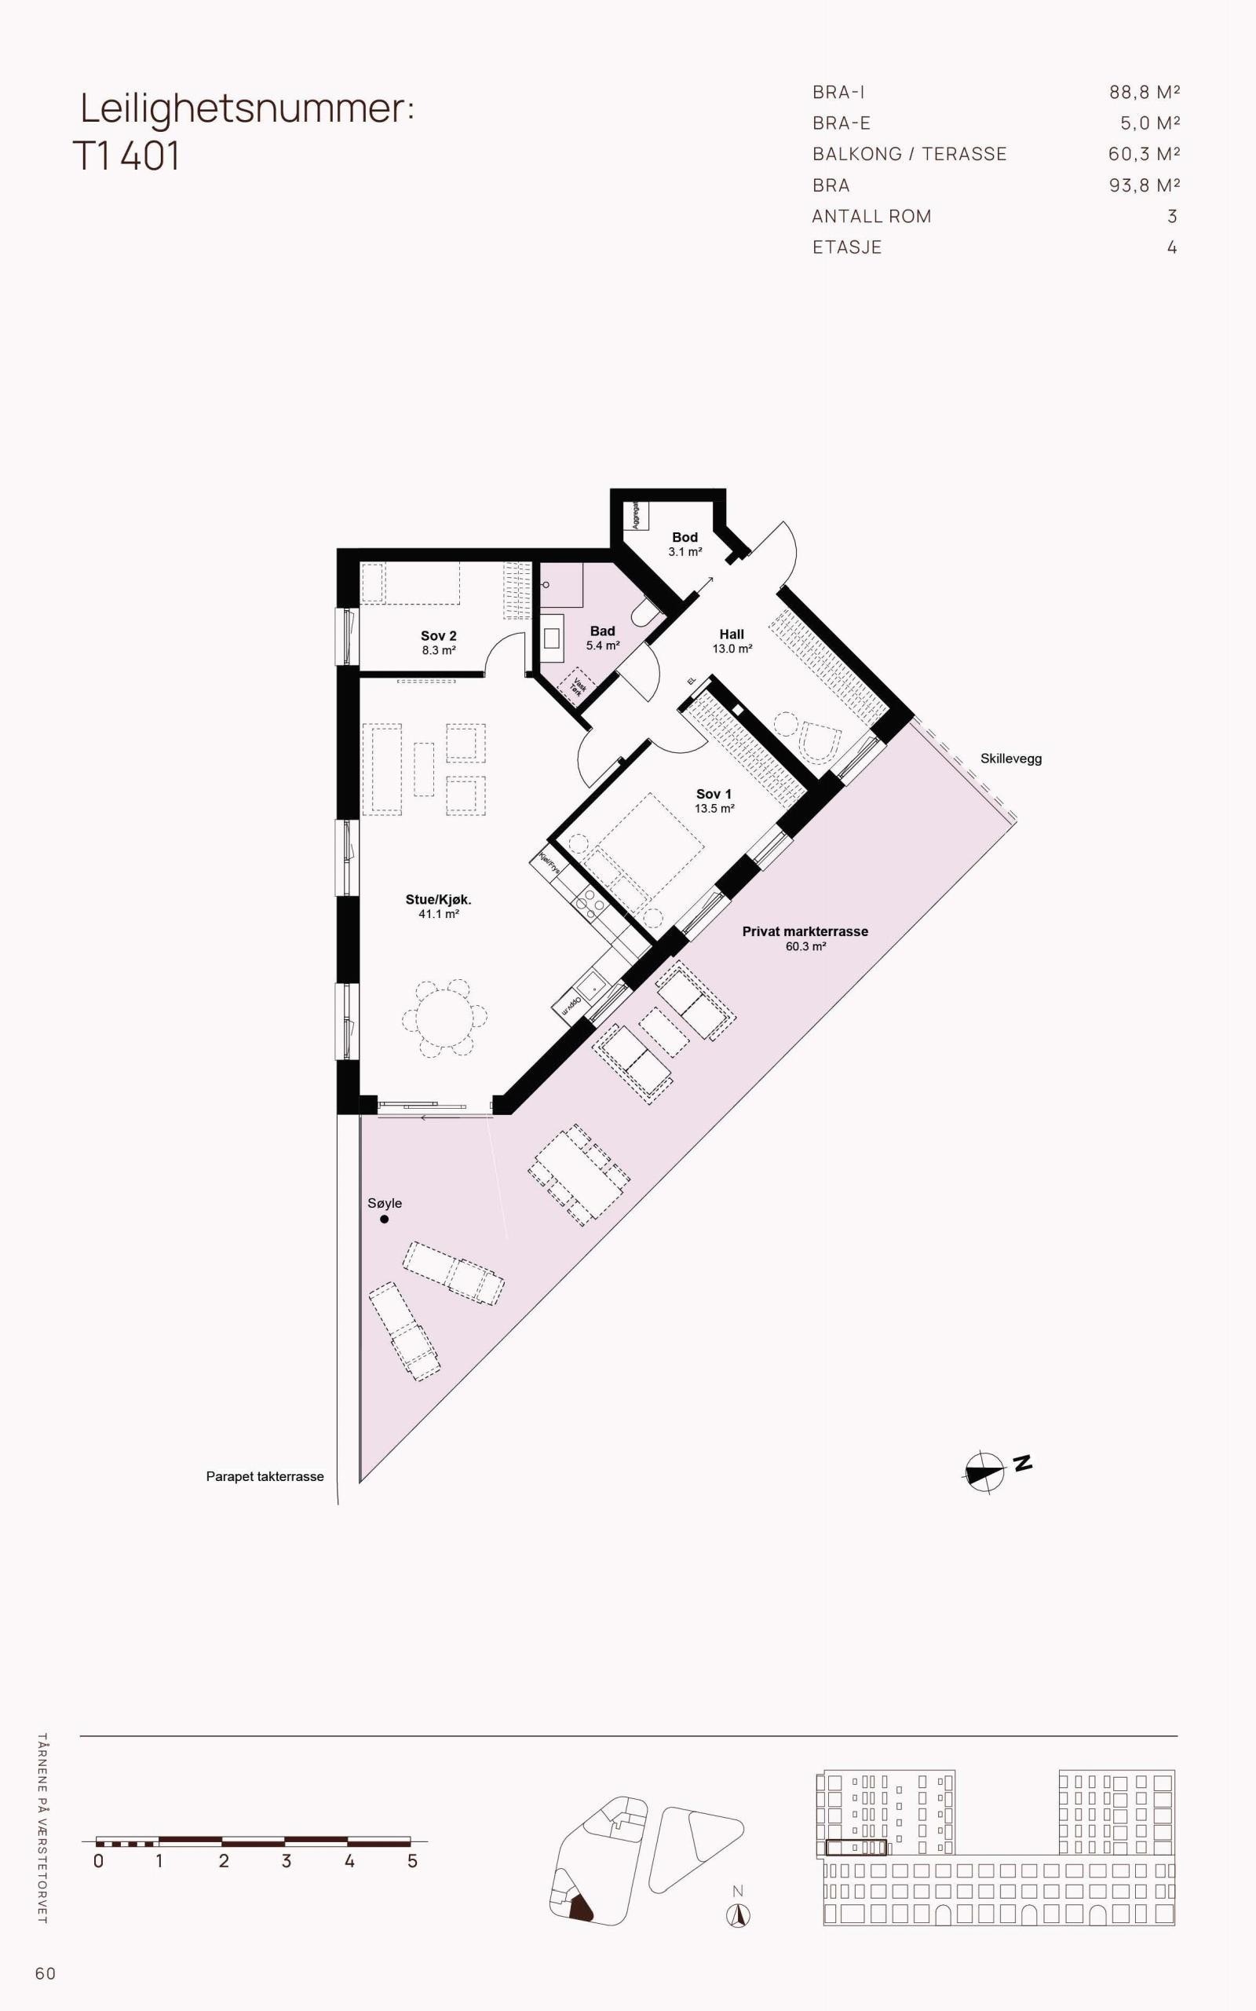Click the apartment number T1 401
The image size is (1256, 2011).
[x=126, y=156]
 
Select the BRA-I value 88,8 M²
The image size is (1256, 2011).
[x=1144, y=92]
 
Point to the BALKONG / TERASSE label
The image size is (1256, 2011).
[x=909, y=154]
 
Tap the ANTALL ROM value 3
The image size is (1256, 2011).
[x=1171, y=216]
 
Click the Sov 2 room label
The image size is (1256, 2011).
[x=438, y=642]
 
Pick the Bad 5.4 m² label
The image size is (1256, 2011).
[x=602, y=638]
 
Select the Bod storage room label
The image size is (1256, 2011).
[x=685, y=543]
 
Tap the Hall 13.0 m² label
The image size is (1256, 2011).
[x=731, y=641]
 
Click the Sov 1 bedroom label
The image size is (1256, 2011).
[x=714, y=800]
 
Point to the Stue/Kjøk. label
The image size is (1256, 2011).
[x=438, y=906]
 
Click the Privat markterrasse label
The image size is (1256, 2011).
[x=804, y=938]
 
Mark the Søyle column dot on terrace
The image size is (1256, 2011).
[x=384, y=1219]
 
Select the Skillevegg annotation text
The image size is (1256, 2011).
[x=1010, y=759]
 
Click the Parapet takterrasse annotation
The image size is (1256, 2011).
[x=265, y=1477]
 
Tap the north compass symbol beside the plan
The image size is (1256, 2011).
[x=985, y=1472]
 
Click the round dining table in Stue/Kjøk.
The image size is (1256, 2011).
[x=444, y=1018]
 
